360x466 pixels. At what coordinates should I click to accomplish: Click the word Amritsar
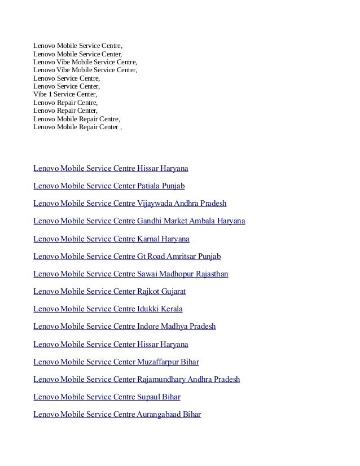(x=181, y=256)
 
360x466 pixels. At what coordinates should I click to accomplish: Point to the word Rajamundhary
(x=161, y=379)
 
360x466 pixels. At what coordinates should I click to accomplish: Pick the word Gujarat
(x=174, y=291)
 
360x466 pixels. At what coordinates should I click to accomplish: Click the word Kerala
(x=172, y=309)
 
